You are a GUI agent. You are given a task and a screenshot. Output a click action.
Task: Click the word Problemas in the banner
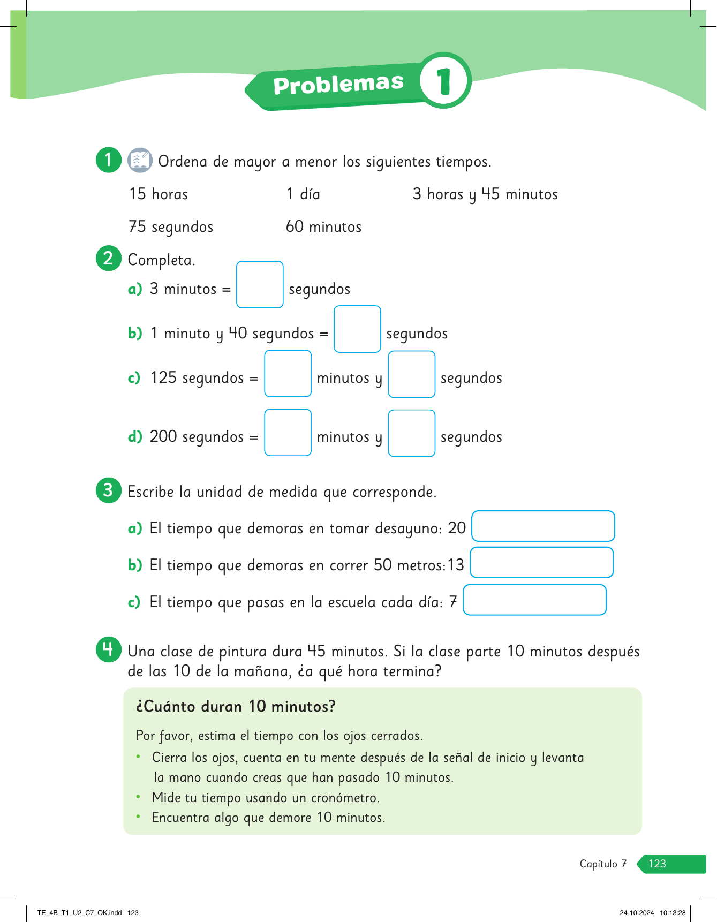pos(338,84)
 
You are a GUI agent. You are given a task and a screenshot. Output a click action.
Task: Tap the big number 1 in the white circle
pos(444,81)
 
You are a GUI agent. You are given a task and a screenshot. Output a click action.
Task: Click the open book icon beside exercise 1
pos(140,160)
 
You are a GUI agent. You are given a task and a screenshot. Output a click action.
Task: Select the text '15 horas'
pos(159,194)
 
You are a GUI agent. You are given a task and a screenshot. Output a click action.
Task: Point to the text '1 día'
pos(303,194)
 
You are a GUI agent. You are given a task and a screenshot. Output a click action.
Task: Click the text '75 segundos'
pos(171,227)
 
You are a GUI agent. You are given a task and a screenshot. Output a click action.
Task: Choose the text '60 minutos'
pos(323,227)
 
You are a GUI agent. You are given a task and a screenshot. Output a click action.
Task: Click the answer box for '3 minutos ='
pos(260,285)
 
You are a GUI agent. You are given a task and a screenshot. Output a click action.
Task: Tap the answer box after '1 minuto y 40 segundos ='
pos(357,329)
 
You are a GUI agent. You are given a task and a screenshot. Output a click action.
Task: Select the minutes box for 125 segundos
pos(288,374)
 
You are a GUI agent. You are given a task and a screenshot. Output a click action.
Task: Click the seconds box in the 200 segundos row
pos(411,433)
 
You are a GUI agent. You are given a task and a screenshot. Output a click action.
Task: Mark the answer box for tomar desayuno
pos(543,526)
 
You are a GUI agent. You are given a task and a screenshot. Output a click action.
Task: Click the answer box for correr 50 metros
pos(541,563)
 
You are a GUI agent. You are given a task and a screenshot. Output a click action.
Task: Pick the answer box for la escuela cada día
pos(534,600)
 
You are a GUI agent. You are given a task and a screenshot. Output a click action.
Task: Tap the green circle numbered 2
pos(108,258)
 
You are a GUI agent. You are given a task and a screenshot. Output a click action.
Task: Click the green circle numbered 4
pos(108,649)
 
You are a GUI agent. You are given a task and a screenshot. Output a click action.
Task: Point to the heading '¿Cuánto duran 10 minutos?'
pos(236,707)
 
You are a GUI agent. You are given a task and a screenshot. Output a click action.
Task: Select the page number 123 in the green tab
pos(657,864)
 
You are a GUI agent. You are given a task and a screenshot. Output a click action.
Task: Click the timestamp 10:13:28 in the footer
pos(673,913)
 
